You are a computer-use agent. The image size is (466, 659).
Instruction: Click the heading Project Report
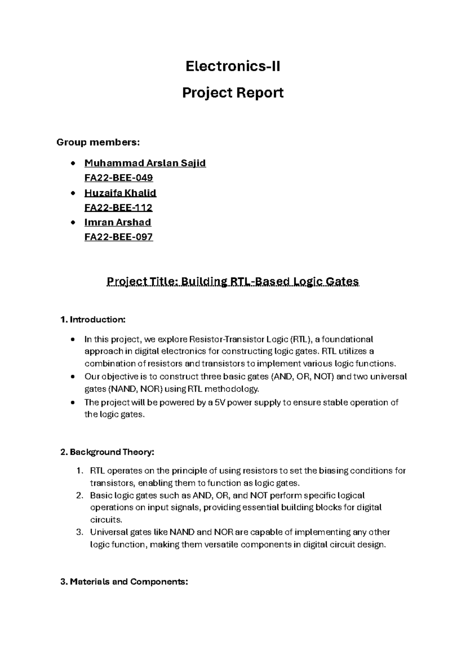click(233, 93)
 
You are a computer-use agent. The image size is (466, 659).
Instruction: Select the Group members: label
click(97, 143)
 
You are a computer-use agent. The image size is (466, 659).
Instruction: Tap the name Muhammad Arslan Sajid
click(145, 163)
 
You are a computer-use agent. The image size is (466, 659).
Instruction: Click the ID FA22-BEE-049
click(118, 178)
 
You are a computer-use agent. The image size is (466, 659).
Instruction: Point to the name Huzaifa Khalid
click(120, 193)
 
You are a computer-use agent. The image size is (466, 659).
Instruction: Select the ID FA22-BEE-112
click(118, 207)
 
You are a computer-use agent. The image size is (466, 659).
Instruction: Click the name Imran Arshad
click(117, 222)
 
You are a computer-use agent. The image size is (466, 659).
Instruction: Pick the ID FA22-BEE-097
click(118, 237)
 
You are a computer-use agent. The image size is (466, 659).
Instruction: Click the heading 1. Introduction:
click(93, 320)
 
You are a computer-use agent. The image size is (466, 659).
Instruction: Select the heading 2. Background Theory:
click(108, 452)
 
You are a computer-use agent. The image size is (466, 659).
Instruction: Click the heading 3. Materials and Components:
click(124, 582)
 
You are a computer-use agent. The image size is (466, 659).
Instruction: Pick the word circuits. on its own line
click(106, 520)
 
